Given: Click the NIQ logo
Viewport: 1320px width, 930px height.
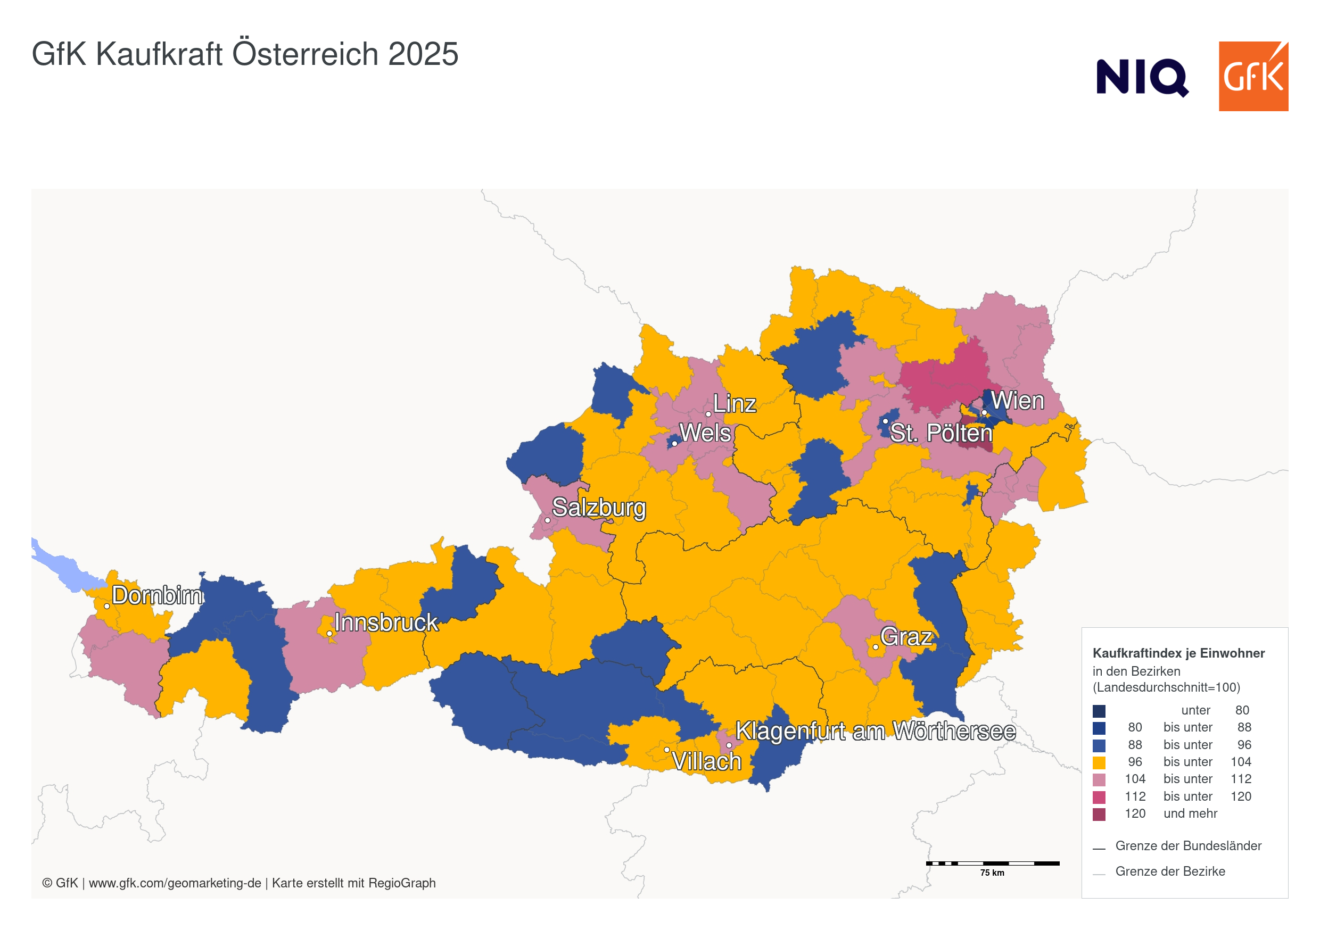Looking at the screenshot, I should coord(1142,77).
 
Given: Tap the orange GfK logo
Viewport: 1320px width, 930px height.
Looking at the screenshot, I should coord(1253,76).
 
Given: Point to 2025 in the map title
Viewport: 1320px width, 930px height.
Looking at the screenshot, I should coord(423,54).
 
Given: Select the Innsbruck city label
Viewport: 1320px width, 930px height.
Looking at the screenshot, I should coord(386,622).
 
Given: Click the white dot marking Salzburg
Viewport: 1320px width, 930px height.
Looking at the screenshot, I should coord(547,521).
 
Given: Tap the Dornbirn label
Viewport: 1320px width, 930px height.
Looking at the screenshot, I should coord(157,595).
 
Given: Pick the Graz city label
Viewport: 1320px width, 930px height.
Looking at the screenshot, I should coord(906,637).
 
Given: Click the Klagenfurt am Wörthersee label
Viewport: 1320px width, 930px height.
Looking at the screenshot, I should coord(875,731).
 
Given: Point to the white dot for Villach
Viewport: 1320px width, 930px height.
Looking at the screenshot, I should coord(666,750).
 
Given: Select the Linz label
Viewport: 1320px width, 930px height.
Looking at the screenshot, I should coord(734,404).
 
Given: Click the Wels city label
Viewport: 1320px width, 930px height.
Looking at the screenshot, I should coord(705,434).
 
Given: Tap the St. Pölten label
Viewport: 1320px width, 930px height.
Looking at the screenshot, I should coord(941,434).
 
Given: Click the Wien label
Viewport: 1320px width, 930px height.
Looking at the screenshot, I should coord(1017,401).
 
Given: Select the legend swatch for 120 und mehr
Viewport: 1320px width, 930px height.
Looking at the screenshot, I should coord(1099,814).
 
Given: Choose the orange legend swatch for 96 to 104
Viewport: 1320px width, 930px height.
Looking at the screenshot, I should coord(1099,762).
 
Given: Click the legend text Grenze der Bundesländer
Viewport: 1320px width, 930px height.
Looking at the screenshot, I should coord(1188,846).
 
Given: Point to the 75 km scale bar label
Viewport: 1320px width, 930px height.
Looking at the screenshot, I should coord(992,873).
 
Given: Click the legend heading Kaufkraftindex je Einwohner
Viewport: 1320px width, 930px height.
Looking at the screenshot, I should coord(1178,653).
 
